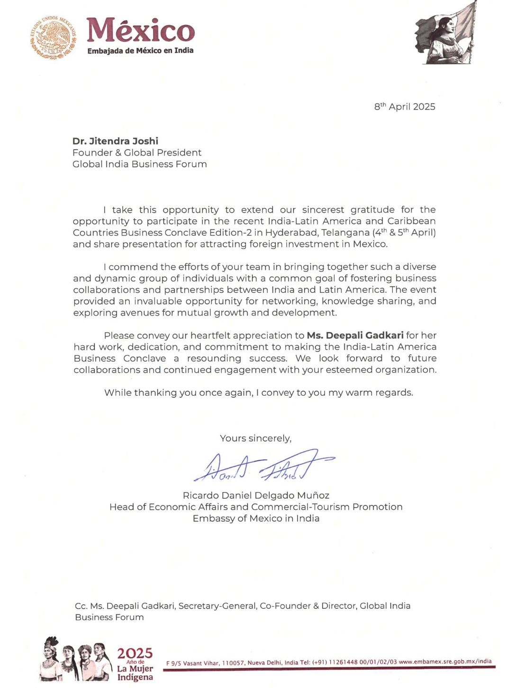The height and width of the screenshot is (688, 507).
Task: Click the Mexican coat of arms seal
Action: point(53,37)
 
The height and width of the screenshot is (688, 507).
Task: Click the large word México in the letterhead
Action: point(141,30)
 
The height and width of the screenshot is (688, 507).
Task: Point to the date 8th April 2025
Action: point(405,107)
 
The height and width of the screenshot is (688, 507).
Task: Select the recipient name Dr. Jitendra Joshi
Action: point(115,141)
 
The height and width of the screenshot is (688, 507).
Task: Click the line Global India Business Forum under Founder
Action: point(139,164)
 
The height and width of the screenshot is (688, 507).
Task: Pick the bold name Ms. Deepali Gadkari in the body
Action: point(355,335)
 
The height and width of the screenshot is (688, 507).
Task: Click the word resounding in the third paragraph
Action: point(214,358)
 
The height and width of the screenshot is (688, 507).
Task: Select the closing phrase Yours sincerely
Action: point(255,438)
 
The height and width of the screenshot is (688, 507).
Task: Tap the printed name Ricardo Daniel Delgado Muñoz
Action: point(256,495)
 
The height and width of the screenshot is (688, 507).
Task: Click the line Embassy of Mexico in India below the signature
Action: point(256,519)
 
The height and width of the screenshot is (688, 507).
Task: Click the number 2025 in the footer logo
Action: point(135,653)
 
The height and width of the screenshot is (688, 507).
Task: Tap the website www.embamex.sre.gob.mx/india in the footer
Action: point(445,661)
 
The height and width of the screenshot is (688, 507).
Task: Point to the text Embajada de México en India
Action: point(140,50)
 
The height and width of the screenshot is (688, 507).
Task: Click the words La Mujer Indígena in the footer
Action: point(135,673)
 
